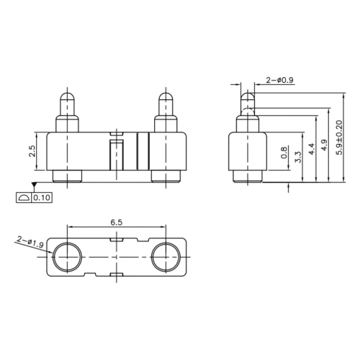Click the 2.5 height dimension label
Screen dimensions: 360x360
point(32,151)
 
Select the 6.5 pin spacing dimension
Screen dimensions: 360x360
point(117,222)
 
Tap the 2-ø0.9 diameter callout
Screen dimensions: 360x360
point(279,80)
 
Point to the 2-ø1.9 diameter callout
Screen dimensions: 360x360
point(30,242)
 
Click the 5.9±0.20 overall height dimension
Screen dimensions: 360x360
point(339,138)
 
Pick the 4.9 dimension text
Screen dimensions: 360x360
point(324,145)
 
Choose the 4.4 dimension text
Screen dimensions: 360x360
point(311,149)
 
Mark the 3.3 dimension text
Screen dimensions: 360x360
point(298,157)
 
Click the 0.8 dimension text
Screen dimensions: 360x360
point(284,153)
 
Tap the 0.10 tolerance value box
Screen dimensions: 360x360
point(42,198)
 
